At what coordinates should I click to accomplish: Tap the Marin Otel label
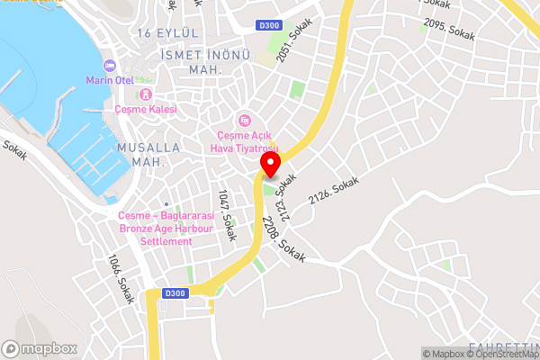(x=110, y=80)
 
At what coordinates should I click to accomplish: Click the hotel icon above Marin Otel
(x=110, y=66)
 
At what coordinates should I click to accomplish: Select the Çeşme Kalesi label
(x=146, y=109)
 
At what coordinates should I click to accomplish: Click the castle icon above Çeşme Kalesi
(x=146, y=94)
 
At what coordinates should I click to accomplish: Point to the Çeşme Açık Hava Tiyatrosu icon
(x=243, y=121)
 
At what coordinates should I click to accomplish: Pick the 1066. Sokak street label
(x=119, y=276)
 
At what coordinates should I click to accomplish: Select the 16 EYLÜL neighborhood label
(x=168, y=32)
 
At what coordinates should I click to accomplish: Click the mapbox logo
(x=39, y=347)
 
